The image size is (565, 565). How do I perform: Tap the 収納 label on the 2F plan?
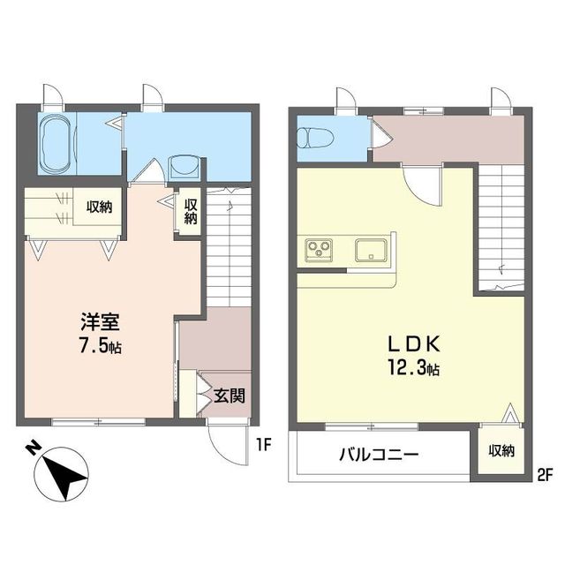(x=501, y=450)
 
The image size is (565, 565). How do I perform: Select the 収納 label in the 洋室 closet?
(x=99, y=208)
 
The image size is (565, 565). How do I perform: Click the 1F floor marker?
(x=263, y=444)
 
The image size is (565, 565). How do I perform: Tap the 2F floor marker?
(x=544, y=476)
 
